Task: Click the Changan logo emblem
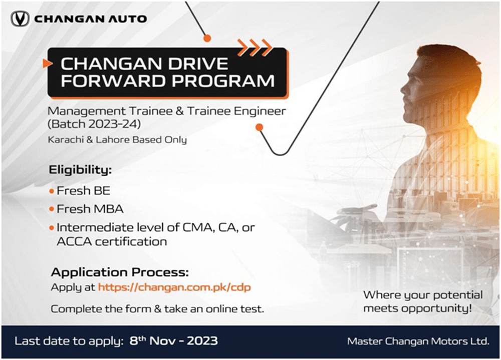(x=20, y=19)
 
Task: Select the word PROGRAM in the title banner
(x=223, y=81)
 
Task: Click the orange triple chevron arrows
(x=255, y=47)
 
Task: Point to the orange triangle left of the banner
(x=47, y=63)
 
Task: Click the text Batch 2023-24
(x=94, y=124)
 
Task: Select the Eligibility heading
(x=80, y=170)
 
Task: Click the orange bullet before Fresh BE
(x=52, y=191)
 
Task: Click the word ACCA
(x=74, y=241)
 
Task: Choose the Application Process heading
(x=120, y=272)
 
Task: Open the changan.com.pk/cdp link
(x=174, y=287)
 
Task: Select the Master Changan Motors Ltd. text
(x=418, y=341)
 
